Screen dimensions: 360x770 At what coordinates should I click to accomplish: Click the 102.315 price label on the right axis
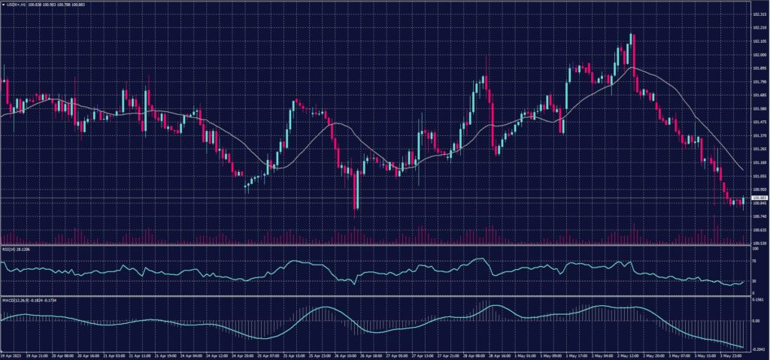[759, 14]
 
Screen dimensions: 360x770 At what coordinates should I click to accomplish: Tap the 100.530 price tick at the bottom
[759, 244]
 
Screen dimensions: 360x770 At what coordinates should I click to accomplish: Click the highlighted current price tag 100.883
[759, 198]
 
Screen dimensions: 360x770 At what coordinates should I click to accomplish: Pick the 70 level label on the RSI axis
[755, 259]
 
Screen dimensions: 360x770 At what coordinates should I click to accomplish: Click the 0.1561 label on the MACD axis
[758, 299]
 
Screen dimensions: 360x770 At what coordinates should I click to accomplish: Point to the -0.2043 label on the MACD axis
[758, 348]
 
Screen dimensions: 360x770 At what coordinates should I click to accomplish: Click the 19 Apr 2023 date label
[11, 355]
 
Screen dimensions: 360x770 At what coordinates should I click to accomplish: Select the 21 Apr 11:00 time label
[142, 355]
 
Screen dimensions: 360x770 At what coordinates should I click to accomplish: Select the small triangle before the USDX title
[2, 4]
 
